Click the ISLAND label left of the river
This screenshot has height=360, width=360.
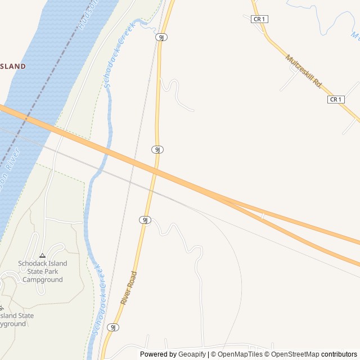[13, 66]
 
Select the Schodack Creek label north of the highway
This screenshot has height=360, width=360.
[116, 55]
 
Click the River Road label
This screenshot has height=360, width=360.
[129, 288]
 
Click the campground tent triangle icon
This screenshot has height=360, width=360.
[42, 255]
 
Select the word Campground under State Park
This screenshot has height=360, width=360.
[43, 280]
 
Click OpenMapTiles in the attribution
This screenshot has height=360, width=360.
[240, 354]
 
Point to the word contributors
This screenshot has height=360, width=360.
[339, 354]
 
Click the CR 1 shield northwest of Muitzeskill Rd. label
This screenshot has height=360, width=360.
[259, 19]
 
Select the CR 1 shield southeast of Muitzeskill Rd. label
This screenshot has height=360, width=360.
[335, 100]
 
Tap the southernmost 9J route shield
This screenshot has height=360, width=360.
[113, 327]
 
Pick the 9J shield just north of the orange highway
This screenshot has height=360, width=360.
[157, 150]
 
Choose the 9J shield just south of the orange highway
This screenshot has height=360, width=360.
[145, 220]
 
